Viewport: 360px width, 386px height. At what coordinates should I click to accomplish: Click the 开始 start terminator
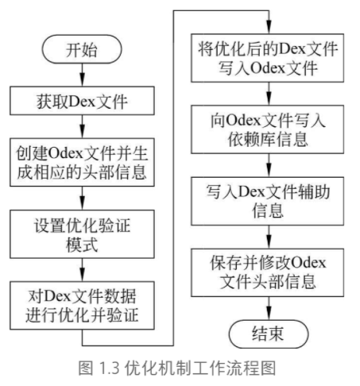tap(83, 50)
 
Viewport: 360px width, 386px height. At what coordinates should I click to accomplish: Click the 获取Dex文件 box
tap(83, 101)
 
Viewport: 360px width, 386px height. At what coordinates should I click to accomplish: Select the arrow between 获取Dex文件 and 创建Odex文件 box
tap(83, 126)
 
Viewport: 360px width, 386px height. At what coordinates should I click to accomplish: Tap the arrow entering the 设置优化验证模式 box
tap(83, 198)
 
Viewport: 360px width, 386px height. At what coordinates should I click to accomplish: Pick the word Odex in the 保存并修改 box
tap(308, 261)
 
